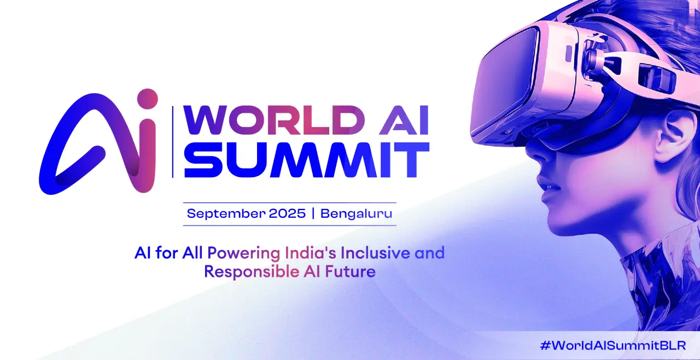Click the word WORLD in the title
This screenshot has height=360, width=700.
(273, 120)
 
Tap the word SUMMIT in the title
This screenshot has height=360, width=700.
(307, 160)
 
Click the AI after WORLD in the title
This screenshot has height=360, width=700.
(404, 120)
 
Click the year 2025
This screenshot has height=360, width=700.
(287, 213)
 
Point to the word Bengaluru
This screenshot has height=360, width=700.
(356, 214)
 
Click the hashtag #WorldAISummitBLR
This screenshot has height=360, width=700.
(613, 346)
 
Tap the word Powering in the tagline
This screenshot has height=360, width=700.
(244, 253)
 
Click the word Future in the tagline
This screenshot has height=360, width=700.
(351, 271)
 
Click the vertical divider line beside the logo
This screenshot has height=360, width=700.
(173, 142)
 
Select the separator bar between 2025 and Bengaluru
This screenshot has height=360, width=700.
(313, 214)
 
